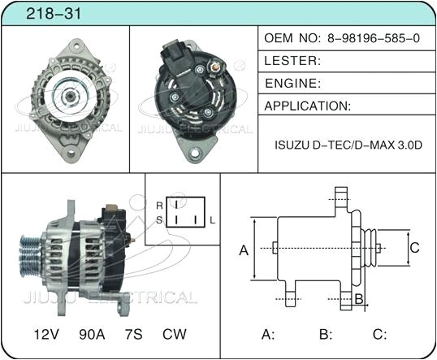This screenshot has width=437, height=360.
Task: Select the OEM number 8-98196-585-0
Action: [x=374, y=38]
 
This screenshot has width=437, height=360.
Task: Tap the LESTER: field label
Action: [x=293, y=60]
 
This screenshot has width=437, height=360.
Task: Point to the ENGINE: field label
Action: [x=294, y=83]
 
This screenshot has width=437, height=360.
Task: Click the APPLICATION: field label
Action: [x=308, y=106]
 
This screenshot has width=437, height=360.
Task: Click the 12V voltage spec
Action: [x=45, y=334]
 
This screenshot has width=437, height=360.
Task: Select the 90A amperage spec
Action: [x=91, y=334]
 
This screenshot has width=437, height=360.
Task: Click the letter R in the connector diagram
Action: [x=159, y=206]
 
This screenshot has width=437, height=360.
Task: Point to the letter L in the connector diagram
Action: [x=213, y=220]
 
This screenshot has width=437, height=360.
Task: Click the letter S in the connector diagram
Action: [x=159, y=220]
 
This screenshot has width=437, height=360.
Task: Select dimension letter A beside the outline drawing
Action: [x=243, y=250]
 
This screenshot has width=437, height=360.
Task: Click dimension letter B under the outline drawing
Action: [x=358, y=300]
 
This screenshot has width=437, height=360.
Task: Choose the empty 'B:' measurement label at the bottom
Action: [x=326, y=334]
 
